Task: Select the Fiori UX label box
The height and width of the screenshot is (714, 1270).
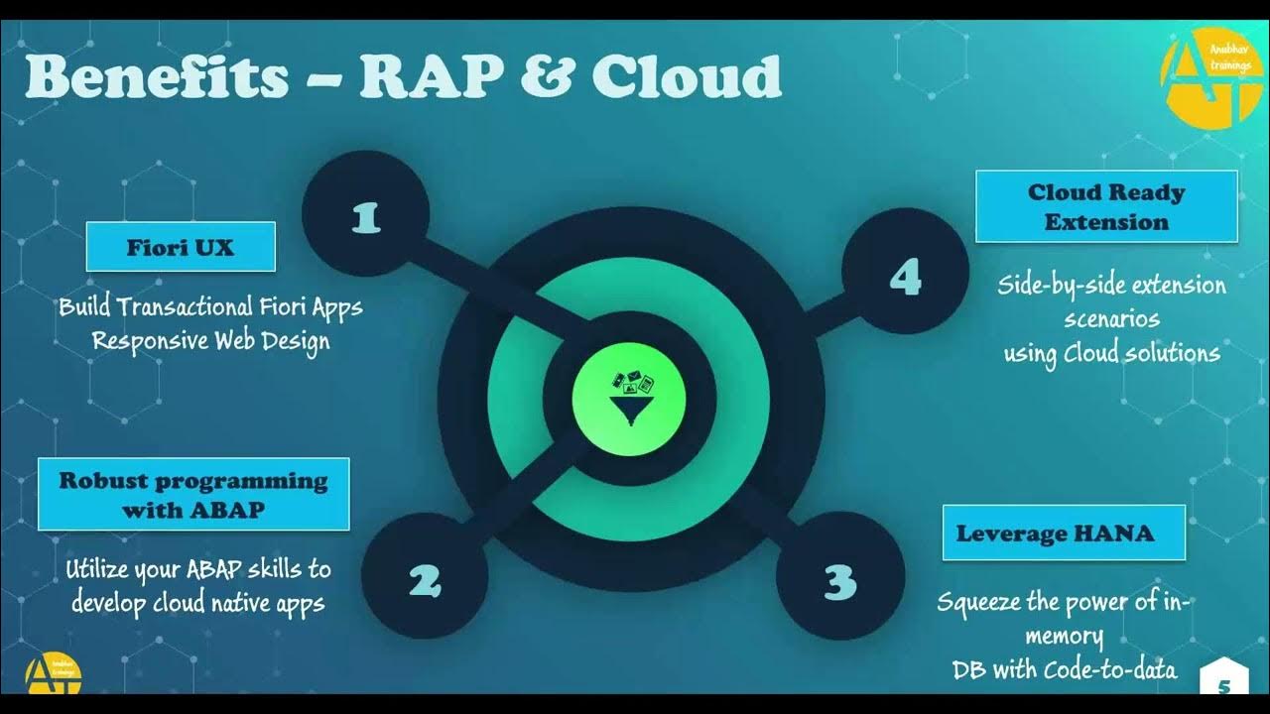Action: (181, 247)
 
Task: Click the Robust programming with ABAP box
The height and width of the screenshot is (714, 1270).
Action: (193, 494)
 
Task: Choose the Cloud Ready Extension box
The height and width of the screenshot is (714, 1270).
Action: (1106, 206)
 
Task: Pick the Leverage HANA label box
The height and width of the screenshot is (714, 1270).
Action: (1064, 534)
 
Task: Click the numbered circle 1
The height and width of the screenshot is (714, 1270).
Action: (365, 217)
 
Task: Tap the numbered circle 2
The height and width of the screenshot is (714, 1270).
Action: (425, 580)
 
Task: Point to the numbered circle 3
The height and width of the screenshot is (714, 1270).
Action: (838, 580)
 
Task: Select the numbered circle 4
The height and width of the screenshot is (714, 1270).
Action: (905, 280)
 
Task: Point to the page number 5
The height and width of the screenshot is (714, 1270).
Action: (1223, 683)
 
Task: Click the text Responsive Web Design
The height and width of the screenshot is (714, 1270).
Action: (210, 340)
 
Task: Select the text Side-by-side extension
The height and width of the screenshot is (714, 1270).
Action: (1111, 287)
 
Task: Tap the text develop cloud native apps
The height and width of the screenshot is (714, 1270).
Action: (198, 602)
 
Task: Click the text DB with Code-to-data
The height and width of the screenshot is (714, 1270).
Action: (1065, 669)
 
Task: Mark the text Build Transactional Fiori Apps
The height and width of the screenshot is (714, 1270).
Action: (210, 306)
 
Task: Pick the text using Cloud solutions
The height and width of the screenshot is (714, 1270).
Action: (1111, 353)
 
